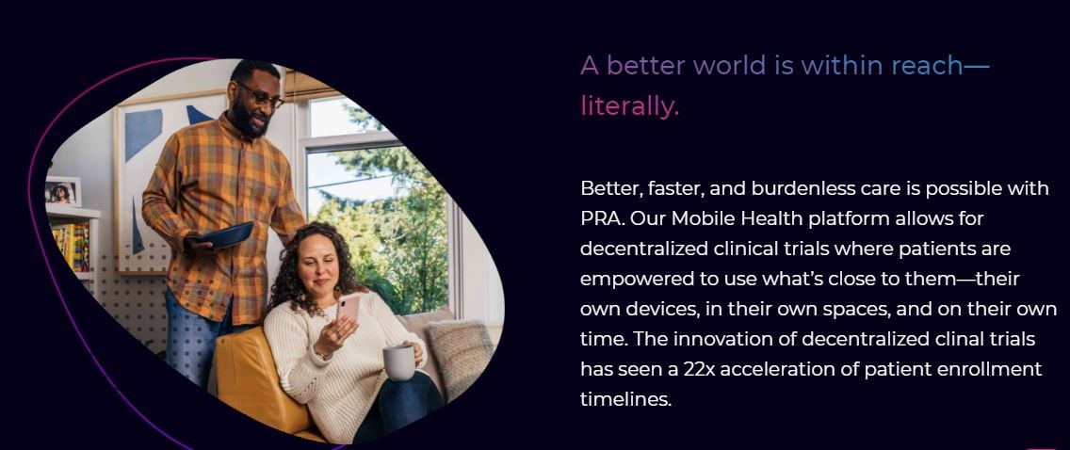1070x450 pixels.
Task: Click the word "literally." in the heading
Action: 629,106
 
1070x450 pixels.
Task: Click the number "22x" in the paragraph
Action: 697,369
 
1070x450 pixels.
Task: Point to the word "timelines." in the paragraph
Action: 625,399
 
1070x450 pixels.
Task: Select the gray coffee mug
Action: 398,362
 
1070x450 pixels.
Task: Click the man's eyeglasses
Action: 261,95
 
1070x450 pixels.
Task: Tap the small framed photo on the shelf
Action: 63,192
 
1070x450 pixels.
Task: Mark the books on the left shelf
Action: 71,247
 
